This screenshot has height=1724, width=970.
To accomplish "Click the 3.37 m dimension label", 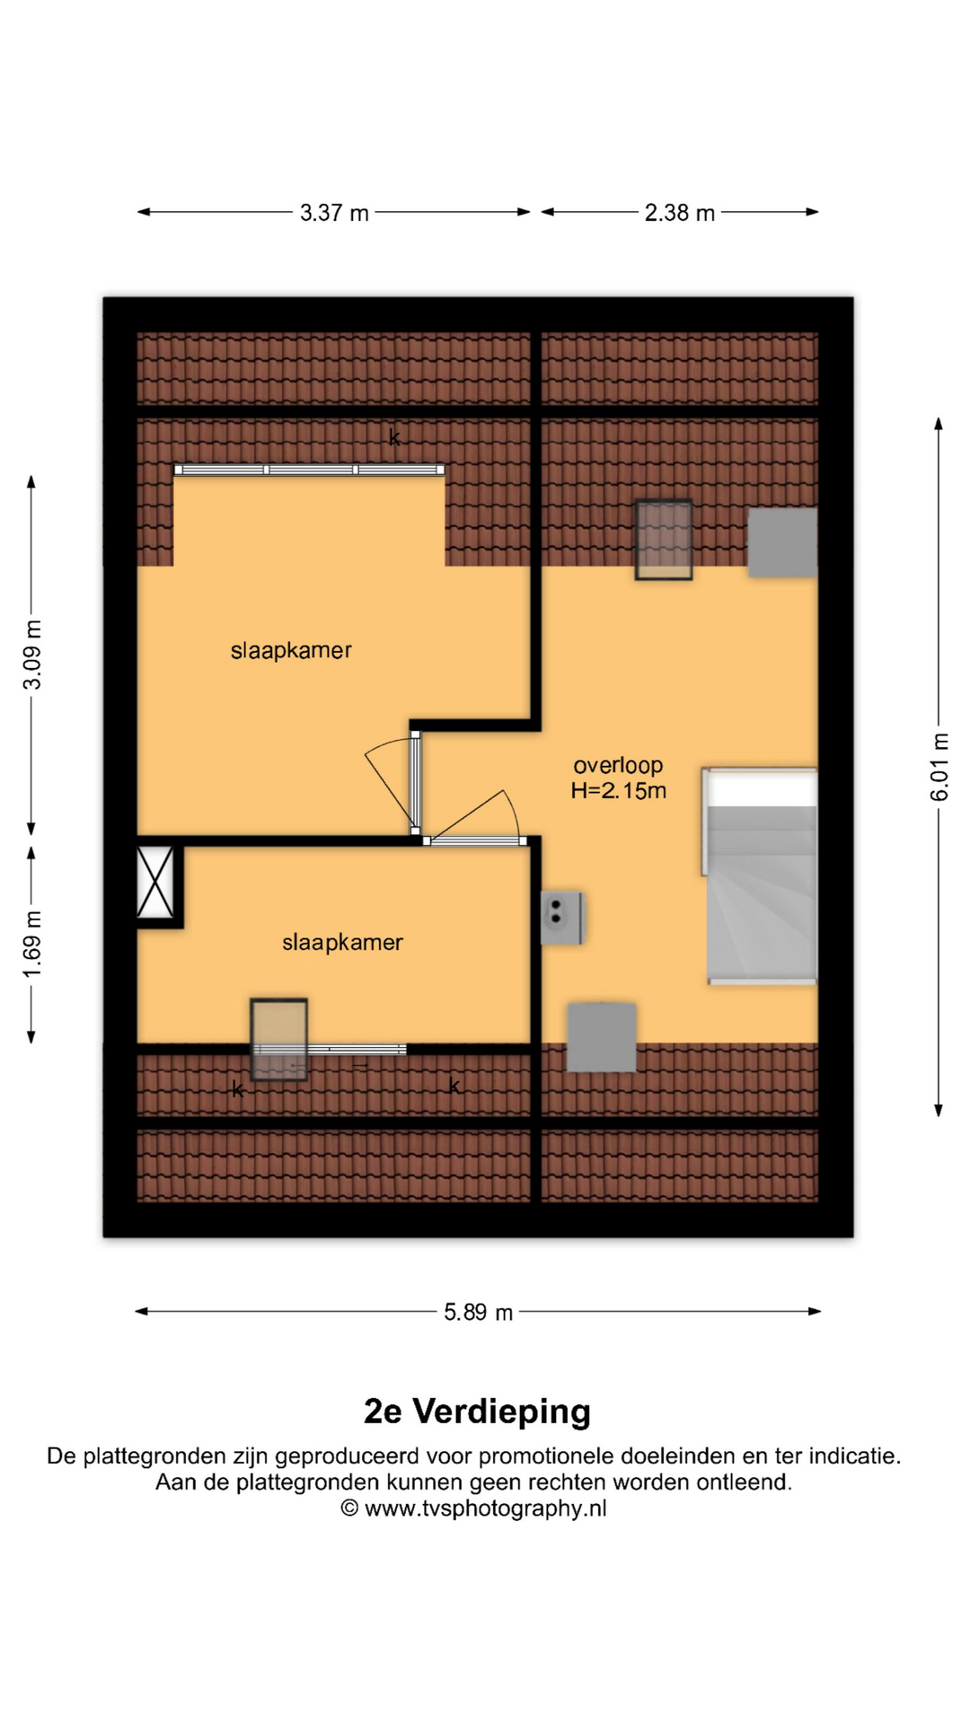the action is [x=334, y=213].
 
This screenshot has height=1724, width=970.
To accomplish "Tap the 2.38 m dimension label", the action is [x=679, y=213].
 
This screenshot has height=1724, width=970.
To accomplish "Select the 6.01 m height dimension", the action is [x=939, y=767].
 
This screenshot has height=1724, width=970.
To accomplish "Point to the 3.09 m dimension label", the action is [x=31, y=655].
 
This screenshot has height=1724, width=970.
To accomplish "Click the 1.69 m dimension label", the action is [x=31, y=945].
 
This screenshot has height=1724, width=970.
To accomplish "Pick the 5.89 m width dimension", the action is [x=478, y=1313].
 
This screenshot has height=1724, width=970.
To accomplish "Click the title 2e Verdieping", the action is [x=477, y=1412].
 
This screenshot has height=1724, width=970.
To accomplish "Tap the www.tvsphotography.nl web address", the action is [x=485, y=1508].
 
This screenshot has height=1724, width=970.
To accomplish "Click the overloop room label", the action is [x=618, y=765].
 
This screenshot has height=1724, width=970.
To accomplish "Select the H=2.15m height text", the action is [x=618, y=791].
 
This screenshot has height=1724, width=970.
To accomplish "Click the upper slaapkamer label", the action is [x=291, y=651].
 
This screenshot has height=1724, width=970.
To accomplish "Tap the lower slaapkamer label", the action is [x=342, y=943].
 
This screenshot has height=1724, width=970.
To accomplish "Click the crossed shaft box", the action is [x=155, y=883].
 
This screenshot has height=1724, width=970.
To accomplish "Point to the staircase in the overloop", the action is [x=760, y=876].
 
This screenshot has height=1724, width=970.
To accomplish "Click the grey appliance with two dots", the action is [x=561, y=918].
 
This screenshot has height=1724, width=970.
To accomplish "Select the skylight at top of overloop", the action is [x=664, y=540].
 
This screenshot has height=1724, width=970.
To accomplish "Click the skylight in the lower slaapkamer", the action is [x=278, y=1039].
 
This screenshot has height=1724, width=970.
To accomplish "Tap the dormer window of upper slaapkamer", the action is [x=309, y=470].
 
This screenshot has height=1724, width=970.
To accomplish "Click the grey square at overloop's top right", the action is [x=782, y=542].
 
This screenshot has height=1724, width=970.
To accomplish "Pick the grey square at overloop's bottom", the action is [x=602, y=1037].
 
